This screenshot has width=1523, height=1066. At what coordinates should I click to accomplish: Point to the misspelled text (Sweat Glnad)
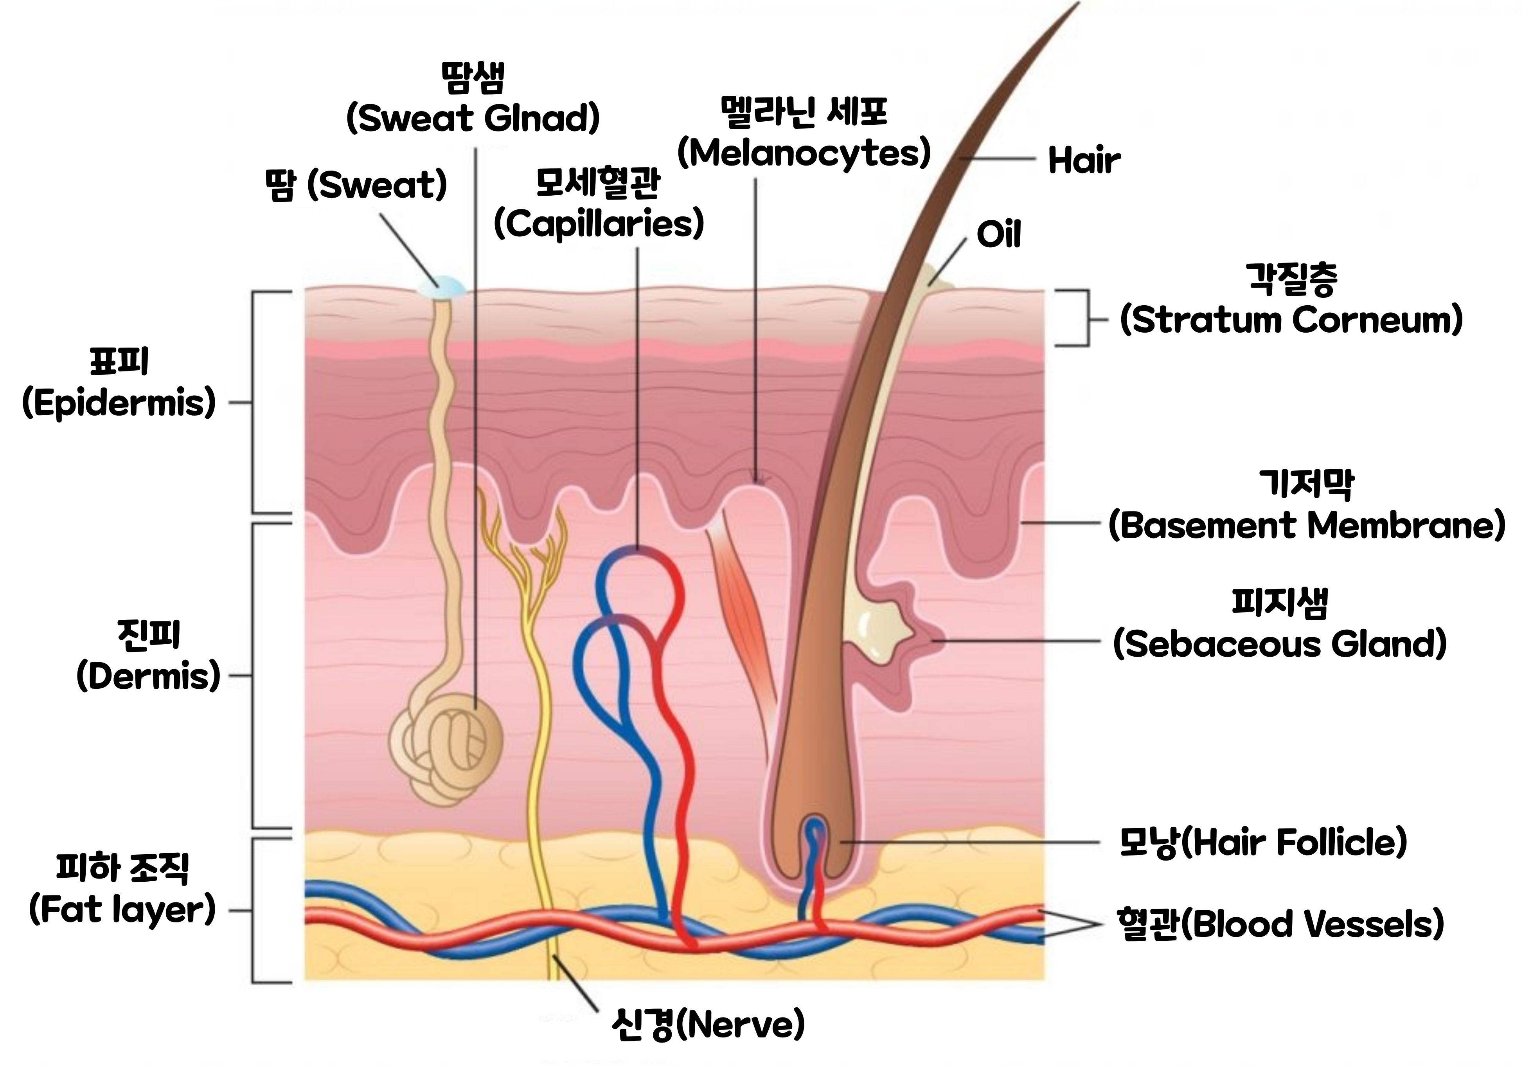coord(473,118)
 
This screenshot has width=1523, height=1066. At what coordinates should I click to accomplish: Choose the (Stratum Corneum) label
coord(1291,320)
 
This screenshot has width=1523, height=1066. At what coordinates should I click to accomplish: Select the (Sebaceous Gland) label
coord(1280,643)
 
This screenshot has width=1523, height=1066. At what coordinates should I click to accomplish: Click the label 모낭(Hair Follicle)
coord(1263,843)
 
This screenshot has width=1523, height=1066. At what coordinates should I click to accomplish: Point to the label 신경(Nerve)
coord(708,1025)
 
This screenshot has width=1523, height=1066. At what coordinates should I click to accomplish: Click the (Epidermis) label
coord(119,403)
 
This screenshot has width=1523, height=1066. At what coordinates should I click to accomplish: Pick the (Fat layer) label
coord(123,909)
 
